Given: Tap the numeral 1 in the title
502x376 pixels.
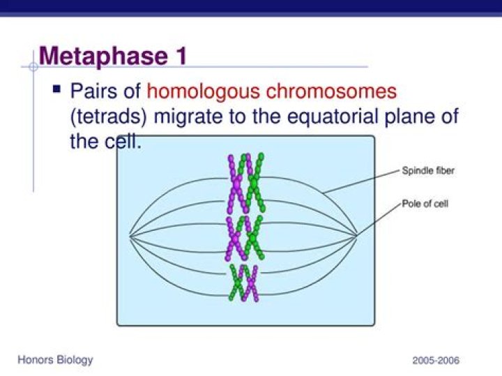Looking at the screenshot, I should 178,56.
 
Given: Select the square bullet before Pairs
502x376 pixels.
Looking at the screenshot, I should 57,90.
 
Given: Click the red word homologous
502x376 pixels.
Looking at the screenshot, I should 205,91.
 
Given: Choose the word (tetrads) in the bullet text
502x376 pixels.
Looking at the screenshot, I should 109,116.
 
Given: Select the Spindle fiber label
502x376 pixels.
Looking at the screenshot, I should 427,170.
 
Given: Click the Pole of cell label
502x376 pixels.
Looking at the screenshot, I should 425,204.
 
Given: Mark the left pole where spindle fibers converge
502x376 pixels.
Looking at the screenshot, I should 130,236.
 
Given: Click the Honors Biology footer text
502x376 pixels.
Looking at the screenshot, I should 55,360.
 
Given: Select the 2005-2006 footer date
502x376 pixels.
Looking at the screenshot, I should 436,361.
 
